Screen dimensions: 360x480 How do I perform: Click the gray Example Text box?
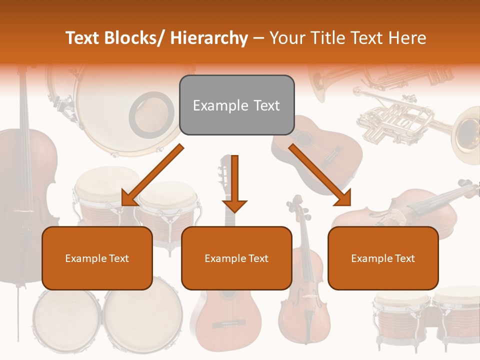point(236,105)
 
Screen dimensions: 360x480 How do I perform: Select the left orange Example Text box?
point(97,258)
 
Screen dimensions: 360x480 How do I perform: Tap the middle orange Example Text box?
point(236,258)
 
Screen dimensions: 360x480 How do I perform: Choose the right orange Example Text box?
point(383,258)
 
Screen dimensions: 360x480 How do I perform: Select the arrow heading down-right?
point(320,175)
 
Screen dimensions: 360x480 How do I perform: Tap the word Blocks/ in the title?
point(134,38)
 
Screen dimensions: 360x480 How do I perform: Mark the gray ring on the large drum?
point(148,115)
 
